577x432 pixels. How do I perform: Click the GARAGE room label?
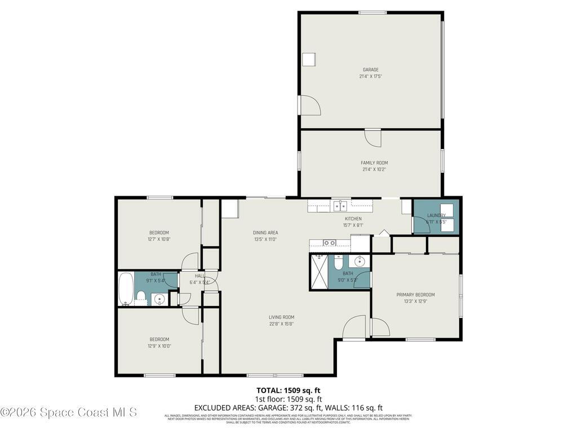[x=370, y=70]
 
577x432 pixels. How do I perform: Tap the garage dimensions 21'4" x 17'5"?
[x=370, y=76]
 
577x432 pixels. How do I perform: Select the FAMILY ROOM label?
[x=374, y=163]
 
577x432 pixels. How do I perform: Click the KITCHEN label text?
[x=353, y=219]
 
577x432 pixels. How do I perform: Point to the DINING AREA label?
[x=265, y=233]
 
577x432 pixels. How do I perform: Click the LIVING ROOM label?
[x=281, y=317]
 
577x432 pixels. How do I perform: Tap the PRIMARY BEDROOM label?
[x=415, y=295]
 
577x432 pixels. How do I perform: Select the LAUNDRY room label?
[x=436, y=215]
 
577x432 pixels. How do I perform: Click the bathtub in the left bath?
[x=126, y=289]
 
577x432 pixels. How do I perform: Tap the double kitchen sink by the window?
[x=339, y=205]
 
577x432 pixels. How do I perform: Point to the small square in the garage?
[x=309, y=60]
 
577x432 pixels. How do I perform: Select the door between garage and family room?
[x=372, y=137]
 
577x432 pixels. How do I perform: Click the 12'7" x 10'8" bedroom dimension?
[x=159, y=239]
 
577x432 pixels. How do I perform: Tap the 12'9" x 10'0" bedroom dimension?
[x=159, y=346]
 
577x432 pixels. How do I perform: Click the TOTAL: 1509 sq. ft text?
[x=288, y=390]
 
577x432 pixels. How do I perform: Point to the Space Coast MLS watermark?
[x=68, y=412]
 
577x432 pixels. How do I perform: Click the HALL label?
[x=199, y=276]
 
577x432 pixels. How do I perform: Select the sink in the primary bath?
[x=359, y=262]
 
